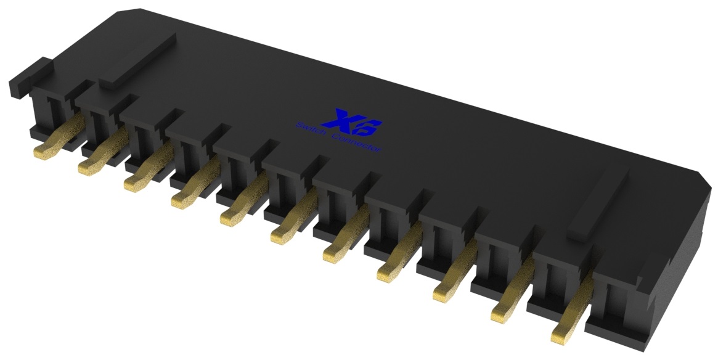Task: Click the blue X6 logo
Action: (x=357, y=122)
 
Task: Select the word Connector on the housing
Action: (x=357, y=144)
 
